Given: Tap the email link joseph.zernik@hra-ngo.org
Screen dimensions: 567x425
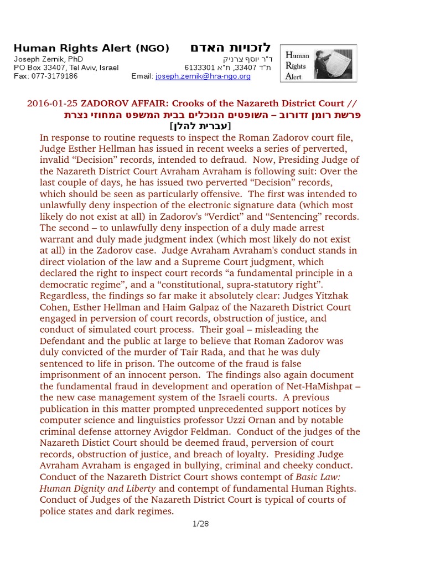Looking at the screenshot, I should coord(203,76).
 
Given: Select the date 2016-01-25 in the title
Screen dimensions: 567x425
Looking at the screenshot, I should coord(52,104).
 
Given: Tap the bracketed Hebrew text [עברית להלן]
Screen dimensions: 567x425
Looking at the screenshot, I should coord(201,126).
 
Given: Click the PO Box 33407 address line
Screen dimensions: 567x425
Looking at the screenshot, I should coord(66,68).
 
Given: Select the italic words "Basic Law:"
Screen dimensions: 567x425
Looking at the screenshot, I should coord(318,477).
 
